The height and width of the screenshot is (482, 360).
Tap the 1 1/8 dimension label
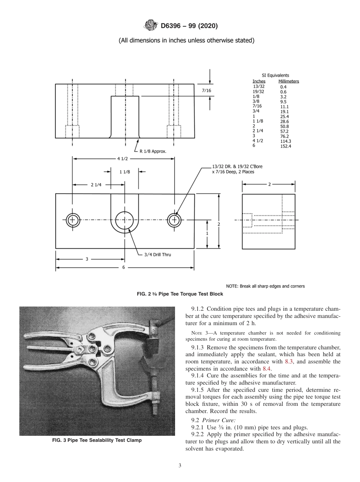click(125, 172)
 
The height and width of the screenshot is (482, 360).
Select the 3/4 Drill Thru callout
click(157, 255)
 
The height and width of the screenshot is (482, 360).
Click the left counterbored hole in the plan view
click(72, 220)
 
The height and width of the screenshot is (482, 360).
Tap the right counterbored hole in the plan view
click(174, 220)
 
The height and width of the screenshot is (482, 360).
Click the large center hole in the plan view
click(124, 220)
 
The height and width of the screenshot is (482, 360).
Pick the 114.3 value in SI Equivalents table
click(285, 141)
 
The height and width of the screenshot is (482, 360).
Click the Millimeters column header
click(288, 81)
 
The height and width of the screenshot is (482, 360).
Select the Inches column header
click(259, 81)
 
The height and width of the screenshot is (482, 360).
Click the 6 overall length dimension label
click(124, 268)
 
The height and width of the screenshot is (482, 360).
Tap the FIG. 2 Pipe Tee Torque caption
click(180, 294)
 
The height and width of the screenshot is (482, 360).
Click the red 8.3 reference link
click(289, 362)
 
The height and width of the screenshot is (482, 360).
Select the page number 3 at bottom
click(180, 466)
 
